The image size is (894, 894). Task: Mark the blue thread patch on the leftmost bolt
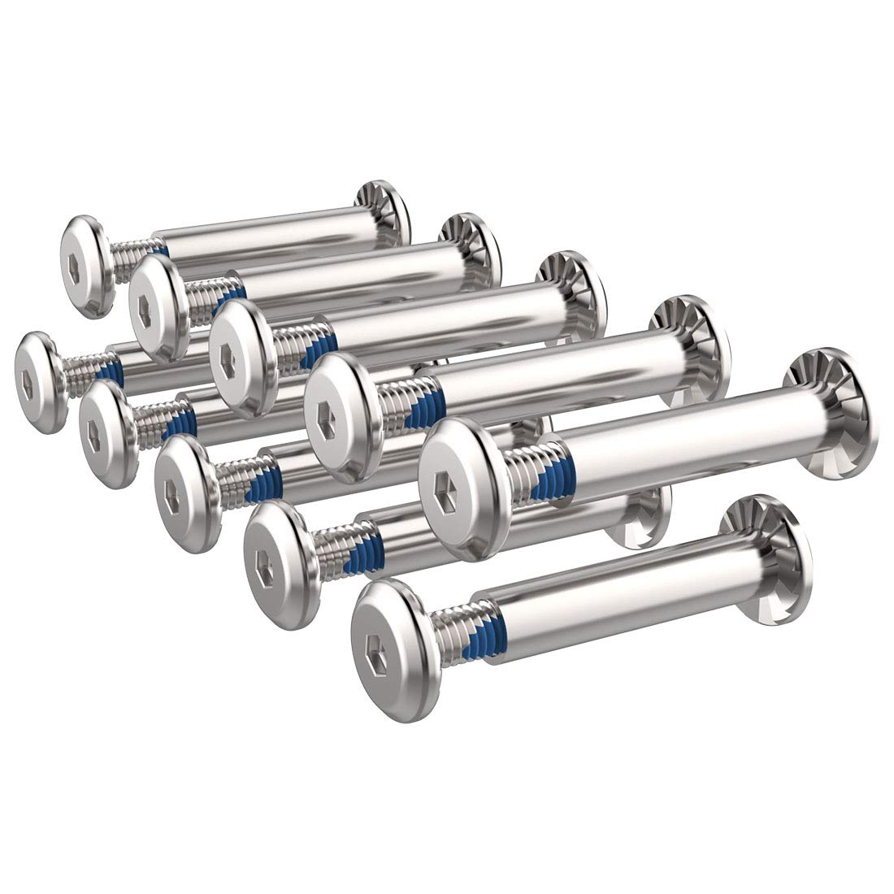pos(116,373)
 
